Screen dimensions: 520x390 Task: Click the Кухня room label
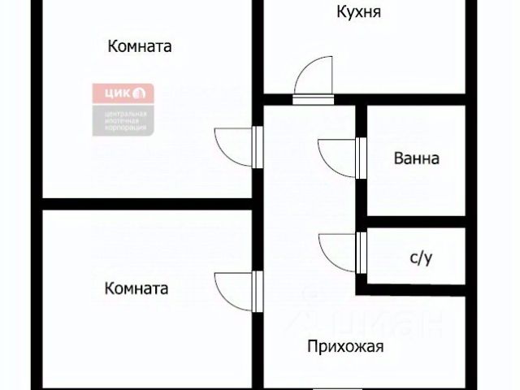tap(358, 12)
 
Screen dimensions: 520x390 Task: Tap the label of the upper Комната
tap(139, 46)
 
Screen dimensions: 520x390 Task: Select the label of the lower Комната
tap(136, 288)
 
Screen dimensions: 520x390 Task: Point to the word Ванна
tap(416, 158)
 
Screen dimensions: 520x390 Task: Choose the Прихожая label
tap(345, 347)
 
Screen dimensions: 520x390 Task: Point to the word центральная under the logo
tap(124, 112)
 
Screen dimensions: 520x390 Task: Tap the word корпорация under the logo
tap(124, 128)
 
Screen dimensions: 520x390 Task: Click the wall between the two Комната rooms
tap(146, 203)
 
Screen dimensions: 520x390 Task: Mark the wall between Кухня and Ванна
tap(414, 99)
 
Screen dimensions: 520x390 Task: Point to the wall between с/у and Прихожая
tap(414, 289)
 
